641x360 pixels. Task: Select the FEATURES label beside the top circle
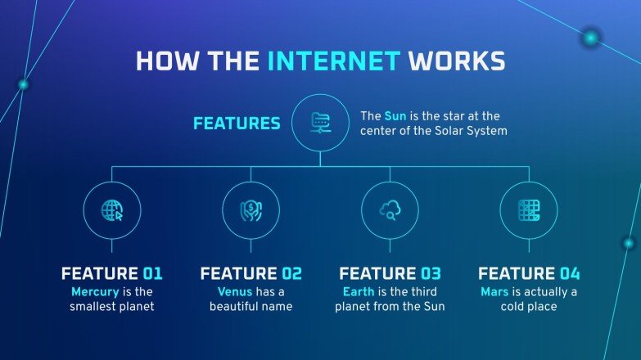(x=237, y=124)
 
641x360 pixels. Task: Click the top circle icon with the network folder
(x=320, y=123)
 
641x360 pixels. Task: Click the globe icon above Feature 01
(x=112, y=210)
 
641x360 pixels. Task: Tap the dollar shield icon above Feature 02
(x=251, y=210)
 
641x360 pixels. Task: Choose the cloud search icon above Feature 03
(x=390, y=210)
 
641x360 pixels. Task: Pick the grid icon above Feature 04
(x=528, y=210)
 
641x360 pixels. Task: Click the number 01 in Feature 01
(x=153, y=274)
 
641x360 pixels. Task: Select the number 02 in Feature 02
(x=291, y=274)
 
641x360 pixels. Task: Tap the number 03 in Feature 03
(x=431, y=274)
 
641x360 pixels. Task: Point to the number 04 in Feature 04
(x=569, y=274)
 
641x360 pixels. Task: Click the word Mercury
(x=95, y=291)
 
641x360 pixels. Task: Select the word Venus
(x=235, y=291)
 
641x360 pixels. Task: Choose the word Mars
(x=495, y=291)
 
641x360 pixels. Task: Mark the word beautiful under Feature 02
(x=238, y=307)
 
